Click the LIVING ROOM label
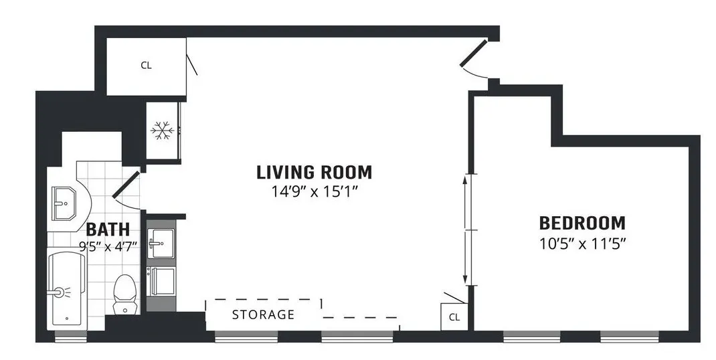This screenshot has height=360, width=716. click(x=314, y=172)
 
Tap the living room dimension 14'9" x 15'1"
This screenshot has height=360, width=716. click(x=314, y=190)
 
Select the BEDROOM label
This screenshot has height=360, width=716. click(x=582, y=223)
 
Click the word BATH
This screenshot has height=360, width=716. click(x=103, y=230)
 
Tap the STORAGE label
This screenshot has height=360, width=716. click(x=263, y=314)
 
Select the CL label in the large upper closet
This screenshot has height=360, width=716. click(x=146, y=66)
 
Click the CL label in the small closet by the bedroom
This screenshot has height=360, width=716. click(x=454, y=317)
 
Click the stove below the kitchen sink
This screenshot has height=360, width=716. click(x=161, y=281)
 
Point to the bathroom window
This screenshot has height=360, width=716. click(x=66, y=338)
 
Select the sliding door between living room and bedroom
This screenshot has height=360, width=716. click(x=466, y=230)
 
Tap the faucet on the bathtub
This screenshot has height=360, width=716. click(x=61, y=292)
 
